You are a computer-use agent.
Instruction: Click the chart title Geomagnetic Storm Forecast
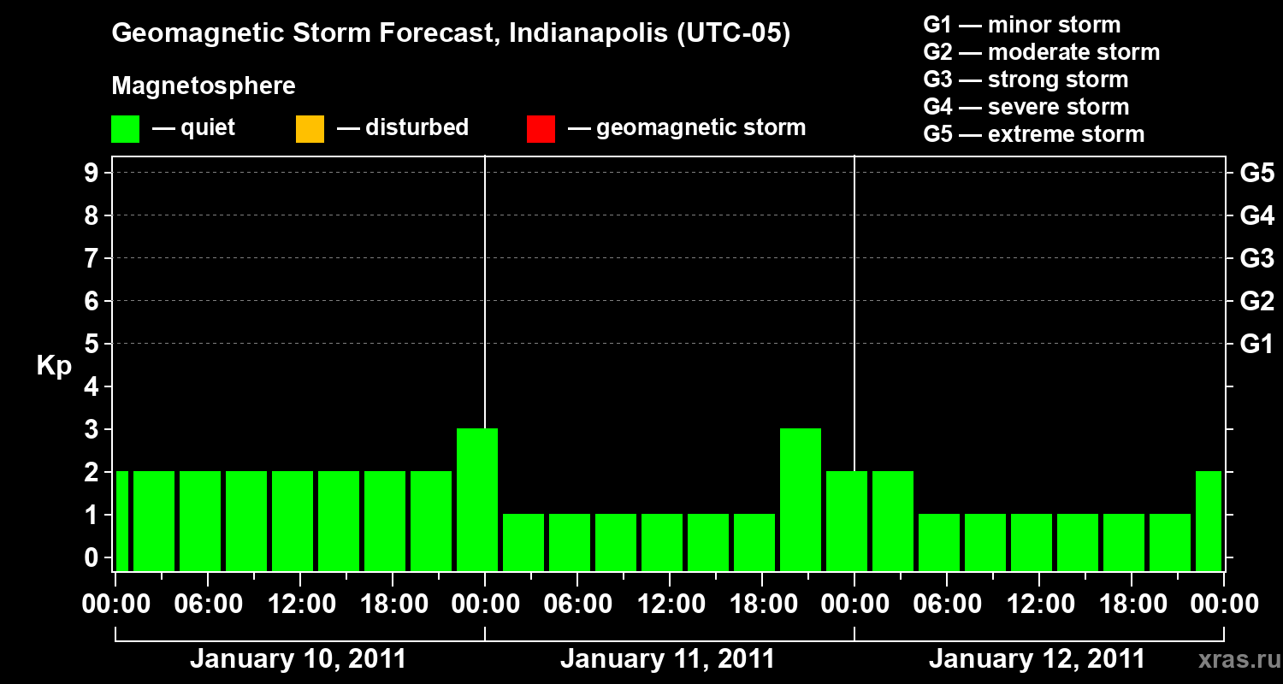coord(451,34)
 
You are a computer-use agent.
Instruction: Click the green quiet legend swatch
coord(125,129)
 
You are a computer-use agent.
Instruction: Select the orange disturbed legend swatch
coord(310,129)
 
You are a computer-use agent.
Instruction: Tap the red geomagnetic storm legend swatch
coord(541,129)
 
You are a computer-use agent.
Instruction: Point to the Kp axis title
coord(54,366)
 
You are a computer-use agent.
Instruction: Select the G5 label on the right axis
coord(1256,174)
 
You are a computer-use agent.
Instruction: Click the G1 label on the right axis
coord(1256,345)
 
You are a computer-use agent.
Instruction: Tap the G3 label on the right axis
coord(1256,259)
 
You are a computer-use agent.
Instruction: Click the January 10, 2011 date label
coord(298,659)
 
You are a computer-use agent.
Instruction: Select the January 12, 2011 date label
coord(1037,659)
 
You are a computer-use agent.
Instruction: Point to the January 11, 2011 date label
coord(667,659)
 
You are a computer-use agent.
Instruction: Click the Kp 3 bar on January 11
coord(801,500)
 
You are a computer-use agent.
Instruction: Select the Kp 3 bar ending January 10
coord(477,500)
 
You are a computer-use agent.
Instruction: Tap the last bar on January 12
coord(1209,522)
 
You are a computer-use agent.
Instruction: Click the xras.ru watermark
coord(1234,660)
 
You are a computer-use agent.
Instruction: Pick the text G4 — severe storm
coord(1026,107)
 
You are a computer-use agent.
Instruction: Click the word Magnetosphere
coord(204,86)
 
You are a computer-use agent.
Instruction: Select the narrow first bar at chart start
coord(121,522)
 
